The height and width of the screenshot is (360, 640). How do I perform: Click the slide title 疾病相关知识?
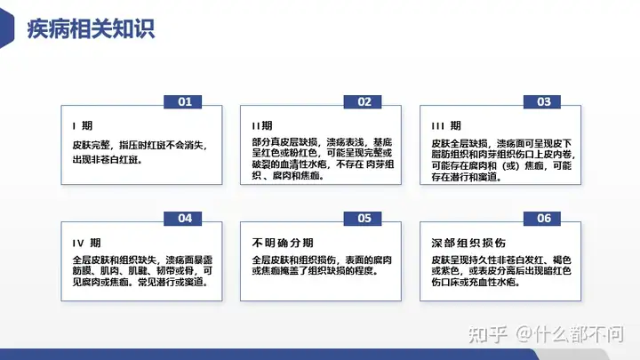pyautogui.click(x=91, y=29)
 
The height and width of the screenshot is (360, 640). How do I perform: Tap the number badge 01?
pyautogui.click(x=183, y=101)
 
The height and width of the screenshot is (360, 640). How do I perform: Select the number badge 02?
pyautogui.click(x=363, y=101)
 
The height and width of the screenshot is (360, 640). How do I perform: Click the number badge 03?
pyautogui.click(x=542, y=101)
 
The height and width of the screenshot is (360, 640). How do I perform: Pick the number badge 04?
pyautogui.click(x=183, y=219)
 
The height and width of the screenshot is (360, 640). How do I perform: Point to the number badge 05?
pyautogui.click(x=363, y=219)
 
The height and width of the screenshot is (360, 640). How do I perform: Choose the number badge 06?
pyautogui.click(x=542, y=219)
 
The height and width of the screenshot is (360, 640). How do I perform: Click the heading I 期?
pyautogui.click(x=83, y=125)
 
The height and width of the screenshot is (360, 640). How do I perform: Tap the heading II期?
pyautogui.click(x=262, y=125)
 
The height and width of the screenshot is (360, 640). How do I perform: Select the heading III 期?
pyautogui.click(x=446, y=125)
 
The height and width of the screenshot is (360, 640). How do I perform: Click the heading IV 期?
pyautogui.click(x=86, y=243)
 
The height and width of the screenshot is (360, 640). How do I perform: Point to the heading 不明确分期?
pyautogui.click(x=283, y=243)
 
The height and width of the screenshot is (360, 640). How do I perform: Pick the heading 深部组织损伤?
pyautogui.click(x=468, y=243)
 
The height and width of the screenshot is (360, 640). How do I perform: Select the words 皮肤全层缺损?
pyautogui.click(x=460, y=144)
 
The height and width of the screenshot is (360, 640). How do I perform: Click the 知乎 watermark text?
pyautogui.click(x=488, y=335)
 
